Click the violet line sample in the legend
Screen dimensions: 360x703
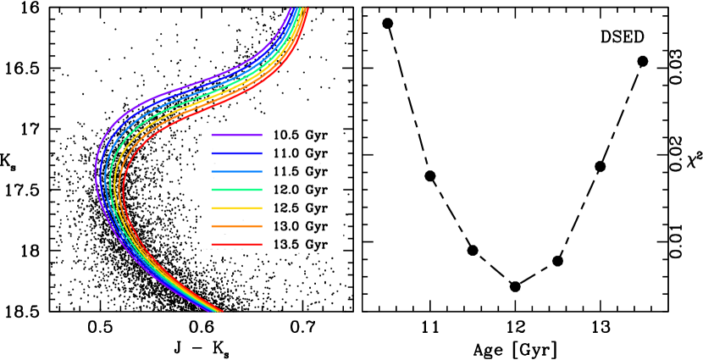(236, 136)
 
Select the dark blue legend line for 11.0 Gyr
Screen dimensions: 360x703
(236, 153)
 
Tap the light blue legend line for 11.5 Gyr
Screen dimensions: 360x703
(236, 172)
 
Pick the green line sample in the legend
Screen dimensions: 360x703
(236, 190)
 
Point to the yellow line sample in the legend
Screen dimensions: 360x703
(236, 208)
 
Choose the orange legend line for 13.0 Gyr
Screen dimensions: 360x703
(236, 226)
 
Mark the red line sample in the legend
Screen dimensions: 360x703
(236, 245)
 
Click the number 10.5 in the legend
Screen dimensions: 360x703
(285, 136)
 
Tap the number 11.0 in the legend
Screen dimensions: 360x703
(285, 153)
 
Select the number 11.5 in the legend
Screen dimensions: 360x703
(285, 172)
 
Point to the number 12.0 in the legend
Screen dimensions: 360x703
(285, 190)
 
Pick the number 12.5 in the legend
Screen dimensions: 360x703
(285, 208)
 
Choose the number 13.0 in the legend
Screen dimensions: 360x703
(285, 226)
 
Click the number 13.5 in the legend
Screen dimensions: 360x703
(285, 245)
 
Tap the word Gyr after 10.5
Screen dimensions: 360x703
(316, 136)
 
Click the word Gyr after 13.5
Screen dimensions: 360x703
(316, 245)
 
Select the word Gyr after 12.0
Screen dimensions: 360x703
(316, 190)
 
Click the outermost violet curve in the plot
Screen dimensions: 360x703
(96, 169)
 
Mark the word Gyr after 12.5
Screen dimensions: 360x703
(316, 208)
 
